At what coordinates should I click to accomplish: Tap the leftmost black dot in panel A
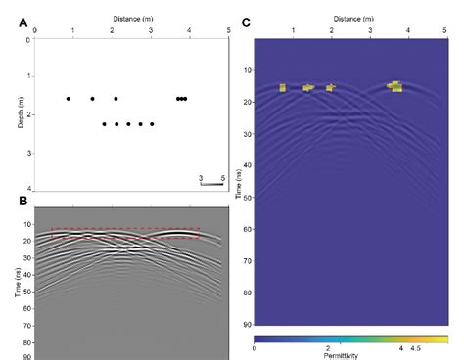click(69, 99)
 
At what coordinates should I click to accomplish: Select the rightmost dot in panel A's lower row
click(152, 124)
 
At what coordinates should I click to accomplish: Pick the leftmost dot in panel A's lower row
click(105, 124)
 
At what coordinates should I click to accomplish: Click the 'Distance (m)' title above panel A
click(132, 17)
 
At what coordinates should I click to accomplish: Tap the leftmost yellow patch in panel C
click(282, 88)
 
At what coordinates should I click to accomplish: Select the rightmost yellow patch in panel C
click(394, 86)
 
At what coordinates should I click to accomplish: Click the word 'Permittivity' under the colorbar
click(350, 356)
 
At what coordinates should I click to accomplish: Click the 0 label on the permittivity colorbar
click(255, 346)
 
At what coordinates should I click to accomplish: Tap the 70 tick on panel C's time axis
click(247, 261)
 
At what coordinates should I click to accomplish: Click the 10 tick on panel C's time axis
click(247, 70)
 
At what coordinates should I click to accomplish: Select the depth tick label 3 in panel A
click(29, 153)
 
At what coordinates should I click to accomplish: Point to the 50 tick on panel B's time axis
click(27, 292)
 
